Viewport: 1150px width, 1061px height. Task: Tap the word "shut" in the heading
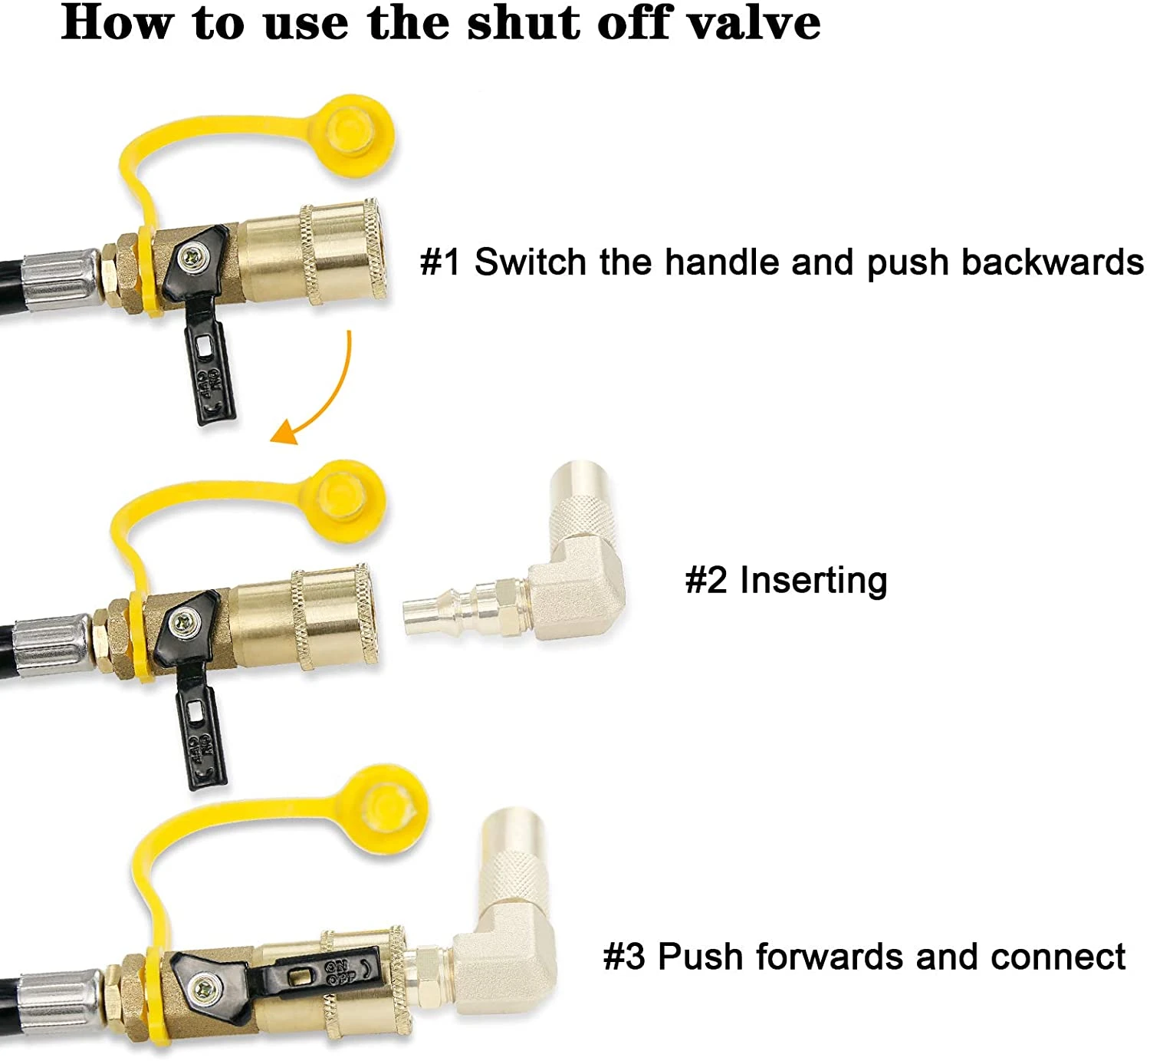[524, 23]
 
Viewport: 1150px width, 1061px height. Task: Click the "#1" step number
[440, 262]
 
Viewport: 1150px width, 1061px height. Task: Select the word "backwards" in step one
[1053, 262]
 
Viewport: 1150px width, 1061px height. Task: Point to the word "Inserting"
[813, 581]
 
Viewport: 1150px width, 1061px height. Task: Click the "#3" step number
[623, 956]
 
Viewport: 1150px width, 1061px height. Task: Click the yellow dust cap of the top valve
[356, 137]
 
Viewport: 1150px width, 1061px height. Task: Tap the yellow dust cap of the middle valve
[347, 501]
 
